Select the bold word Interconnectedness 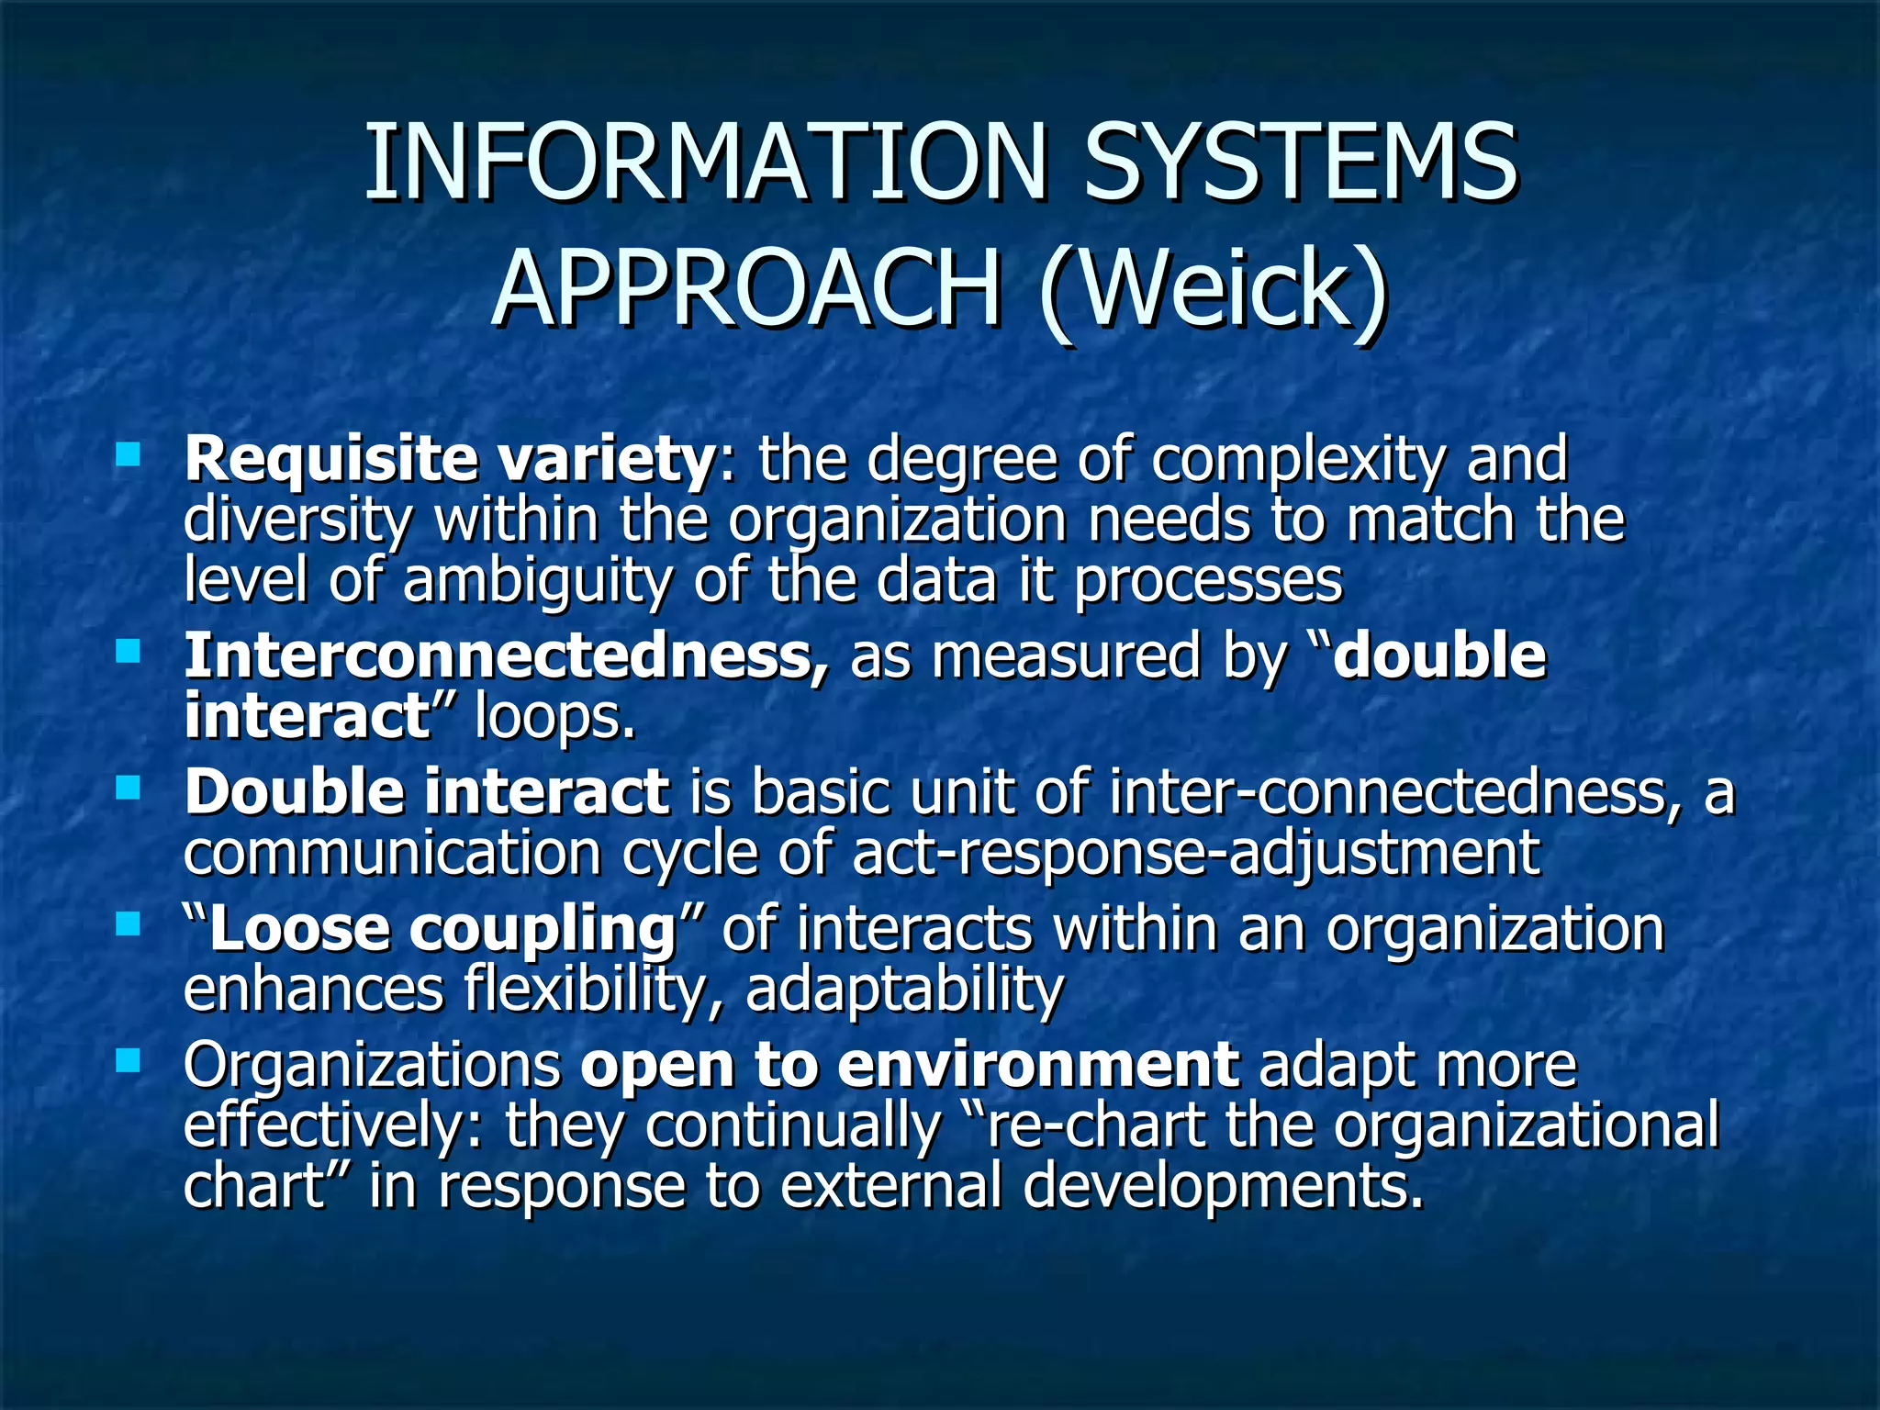pos(506,655)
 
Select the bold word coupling pos(543,929)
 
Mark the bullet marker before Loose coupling pos(128,923)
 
